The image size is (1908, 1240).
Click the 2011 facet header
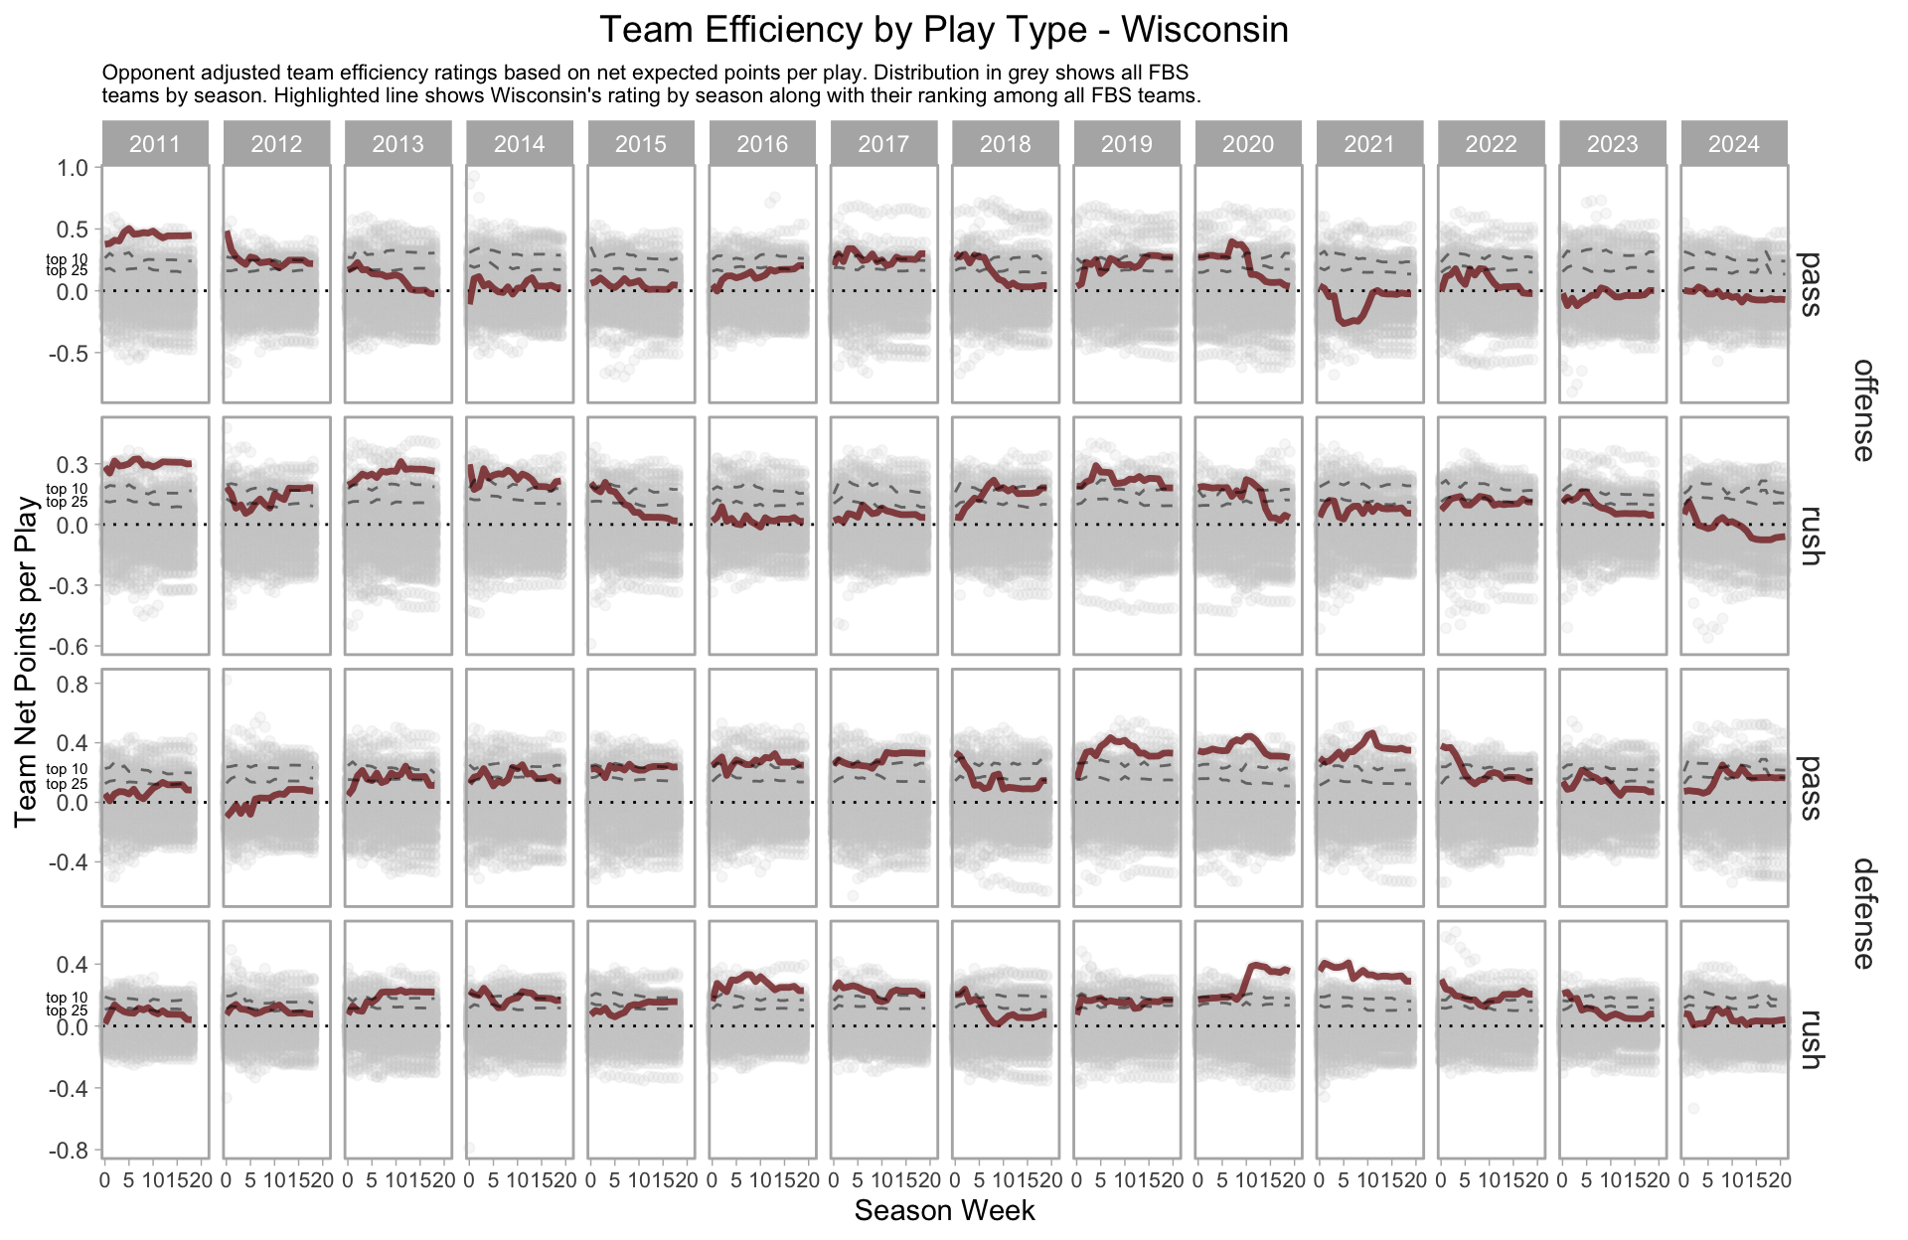155,144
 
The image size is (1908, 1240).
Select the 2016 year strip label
762,144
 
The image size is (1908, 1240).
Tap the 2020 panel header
1248,144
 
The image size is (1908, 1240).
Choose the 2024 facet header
1734,144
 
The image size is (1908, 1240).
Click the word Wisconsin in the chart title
1204,30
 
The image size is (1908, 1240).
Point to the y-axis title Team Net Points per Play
27,661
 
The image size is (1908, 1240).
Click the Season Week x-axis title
944,1210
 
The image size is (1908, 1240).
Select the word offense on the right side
1863,409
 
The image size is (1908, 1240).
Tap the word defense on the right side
1863,913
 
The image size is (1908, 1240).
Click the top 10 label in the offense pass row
67,259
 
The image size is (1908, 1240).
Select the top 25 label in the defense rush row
67,1011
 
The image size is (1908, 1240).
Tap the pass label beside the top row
1811,284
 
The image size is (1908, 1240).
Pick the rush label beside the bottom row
1811,1039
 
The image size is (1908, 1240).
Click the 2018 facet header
1006,144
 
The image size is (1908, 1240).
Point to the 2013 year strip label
397,144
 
